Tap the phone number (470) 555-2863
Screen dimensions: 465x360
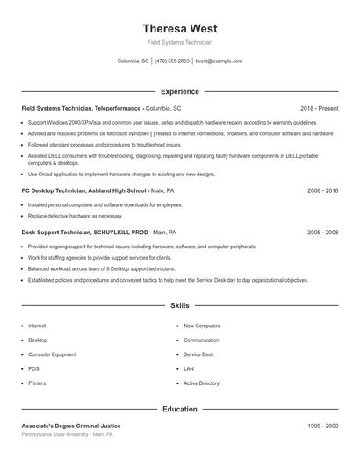(173, 61)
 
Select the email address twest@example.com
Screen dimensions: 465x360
(219, 61)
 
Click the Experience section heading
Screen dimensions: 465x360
(179, 91)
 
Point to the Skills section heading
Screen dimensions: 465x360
(179, 306)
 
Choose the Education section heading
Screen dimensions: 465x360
(179, 409)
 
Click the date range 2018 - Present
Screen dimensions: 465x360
(319, 108)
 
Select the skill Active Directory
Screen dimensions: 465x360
(201, 383)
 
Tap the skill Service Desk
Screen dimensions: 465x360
(198, 354)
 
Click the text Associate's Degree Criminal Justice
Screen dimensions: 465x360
(71, 426)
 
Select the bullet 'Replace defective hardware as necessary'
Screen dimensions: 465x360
(75, 215)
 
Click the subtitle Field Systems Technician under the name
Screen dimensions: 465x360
(179, 42)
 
